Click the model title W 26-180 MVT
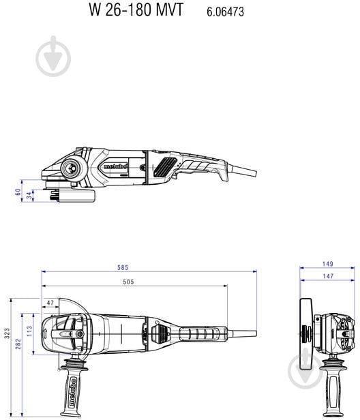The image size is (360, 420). [136, 11]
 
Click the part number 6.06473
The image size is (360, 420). [225, 12]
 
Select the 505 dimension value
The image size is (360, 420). [127, 282]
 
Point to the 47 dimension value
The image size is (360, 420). [50, 302]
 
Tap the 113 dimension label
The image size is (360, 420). [29, 331]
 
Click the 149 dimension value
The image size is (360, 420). [327, 264]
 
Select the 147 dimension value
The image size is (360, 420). [327, 276]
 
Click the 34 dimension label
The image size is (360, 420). [29, 195]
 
